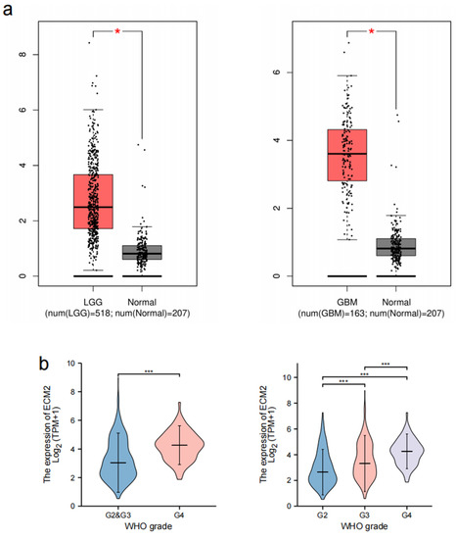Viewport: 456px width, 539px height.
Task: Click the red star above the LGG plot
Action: click(x=117, y=31)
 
